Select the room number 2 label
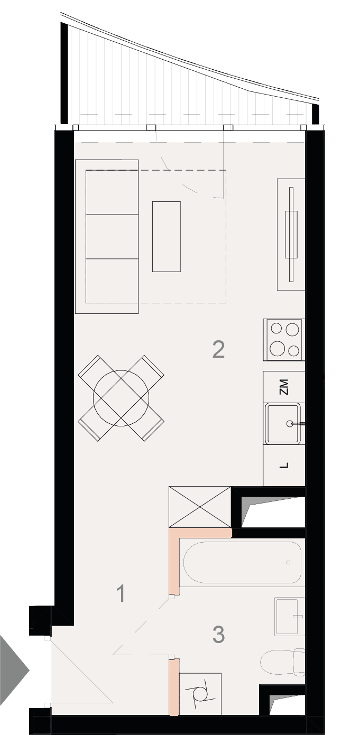click(x=218, y=349)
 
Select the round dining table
click(x=121, y=398)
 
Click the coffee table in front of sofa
click(x=167, y=237)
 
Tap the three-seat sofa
click(x=107, y=237)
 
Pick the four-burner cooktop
click(x=284, y=340)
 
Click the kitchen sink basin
click(x=283, y=424)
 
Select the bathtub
click(x=242, y=562)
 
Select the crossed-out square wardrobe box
click(x=200, y=507)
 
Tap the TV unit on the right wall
click(x=291, y=234)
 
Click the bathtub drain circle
click(x=289, y=562)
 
